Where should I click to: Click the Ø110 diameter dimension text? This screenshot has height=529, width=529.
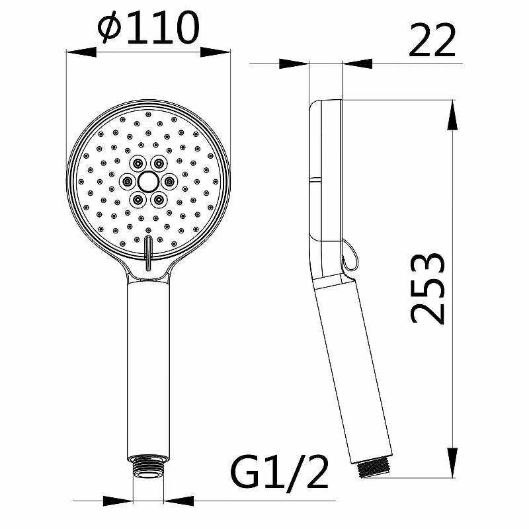click(148, 27)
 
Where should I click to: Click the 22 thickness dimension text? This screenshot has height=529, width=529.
click(432, 40)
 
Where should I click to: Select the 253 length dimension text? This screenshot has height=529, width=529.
click(428, 288)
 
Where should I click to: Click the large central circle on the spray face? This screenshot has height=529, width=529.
click(147, 181)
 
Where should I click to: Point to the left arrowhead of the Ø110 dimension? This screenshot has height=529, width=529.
click(81, 52)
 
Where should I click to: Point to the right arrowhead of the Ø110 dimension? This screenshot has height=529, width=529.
click(216, 52)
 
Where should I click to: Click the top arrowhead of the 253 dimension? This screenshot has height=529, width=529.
click(452, 114)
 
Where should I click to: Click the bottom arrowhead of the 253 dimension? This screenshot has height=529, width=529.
click(452, 463)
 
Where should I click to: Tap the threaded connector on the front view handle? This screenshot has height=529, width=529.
click(148, 467)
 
